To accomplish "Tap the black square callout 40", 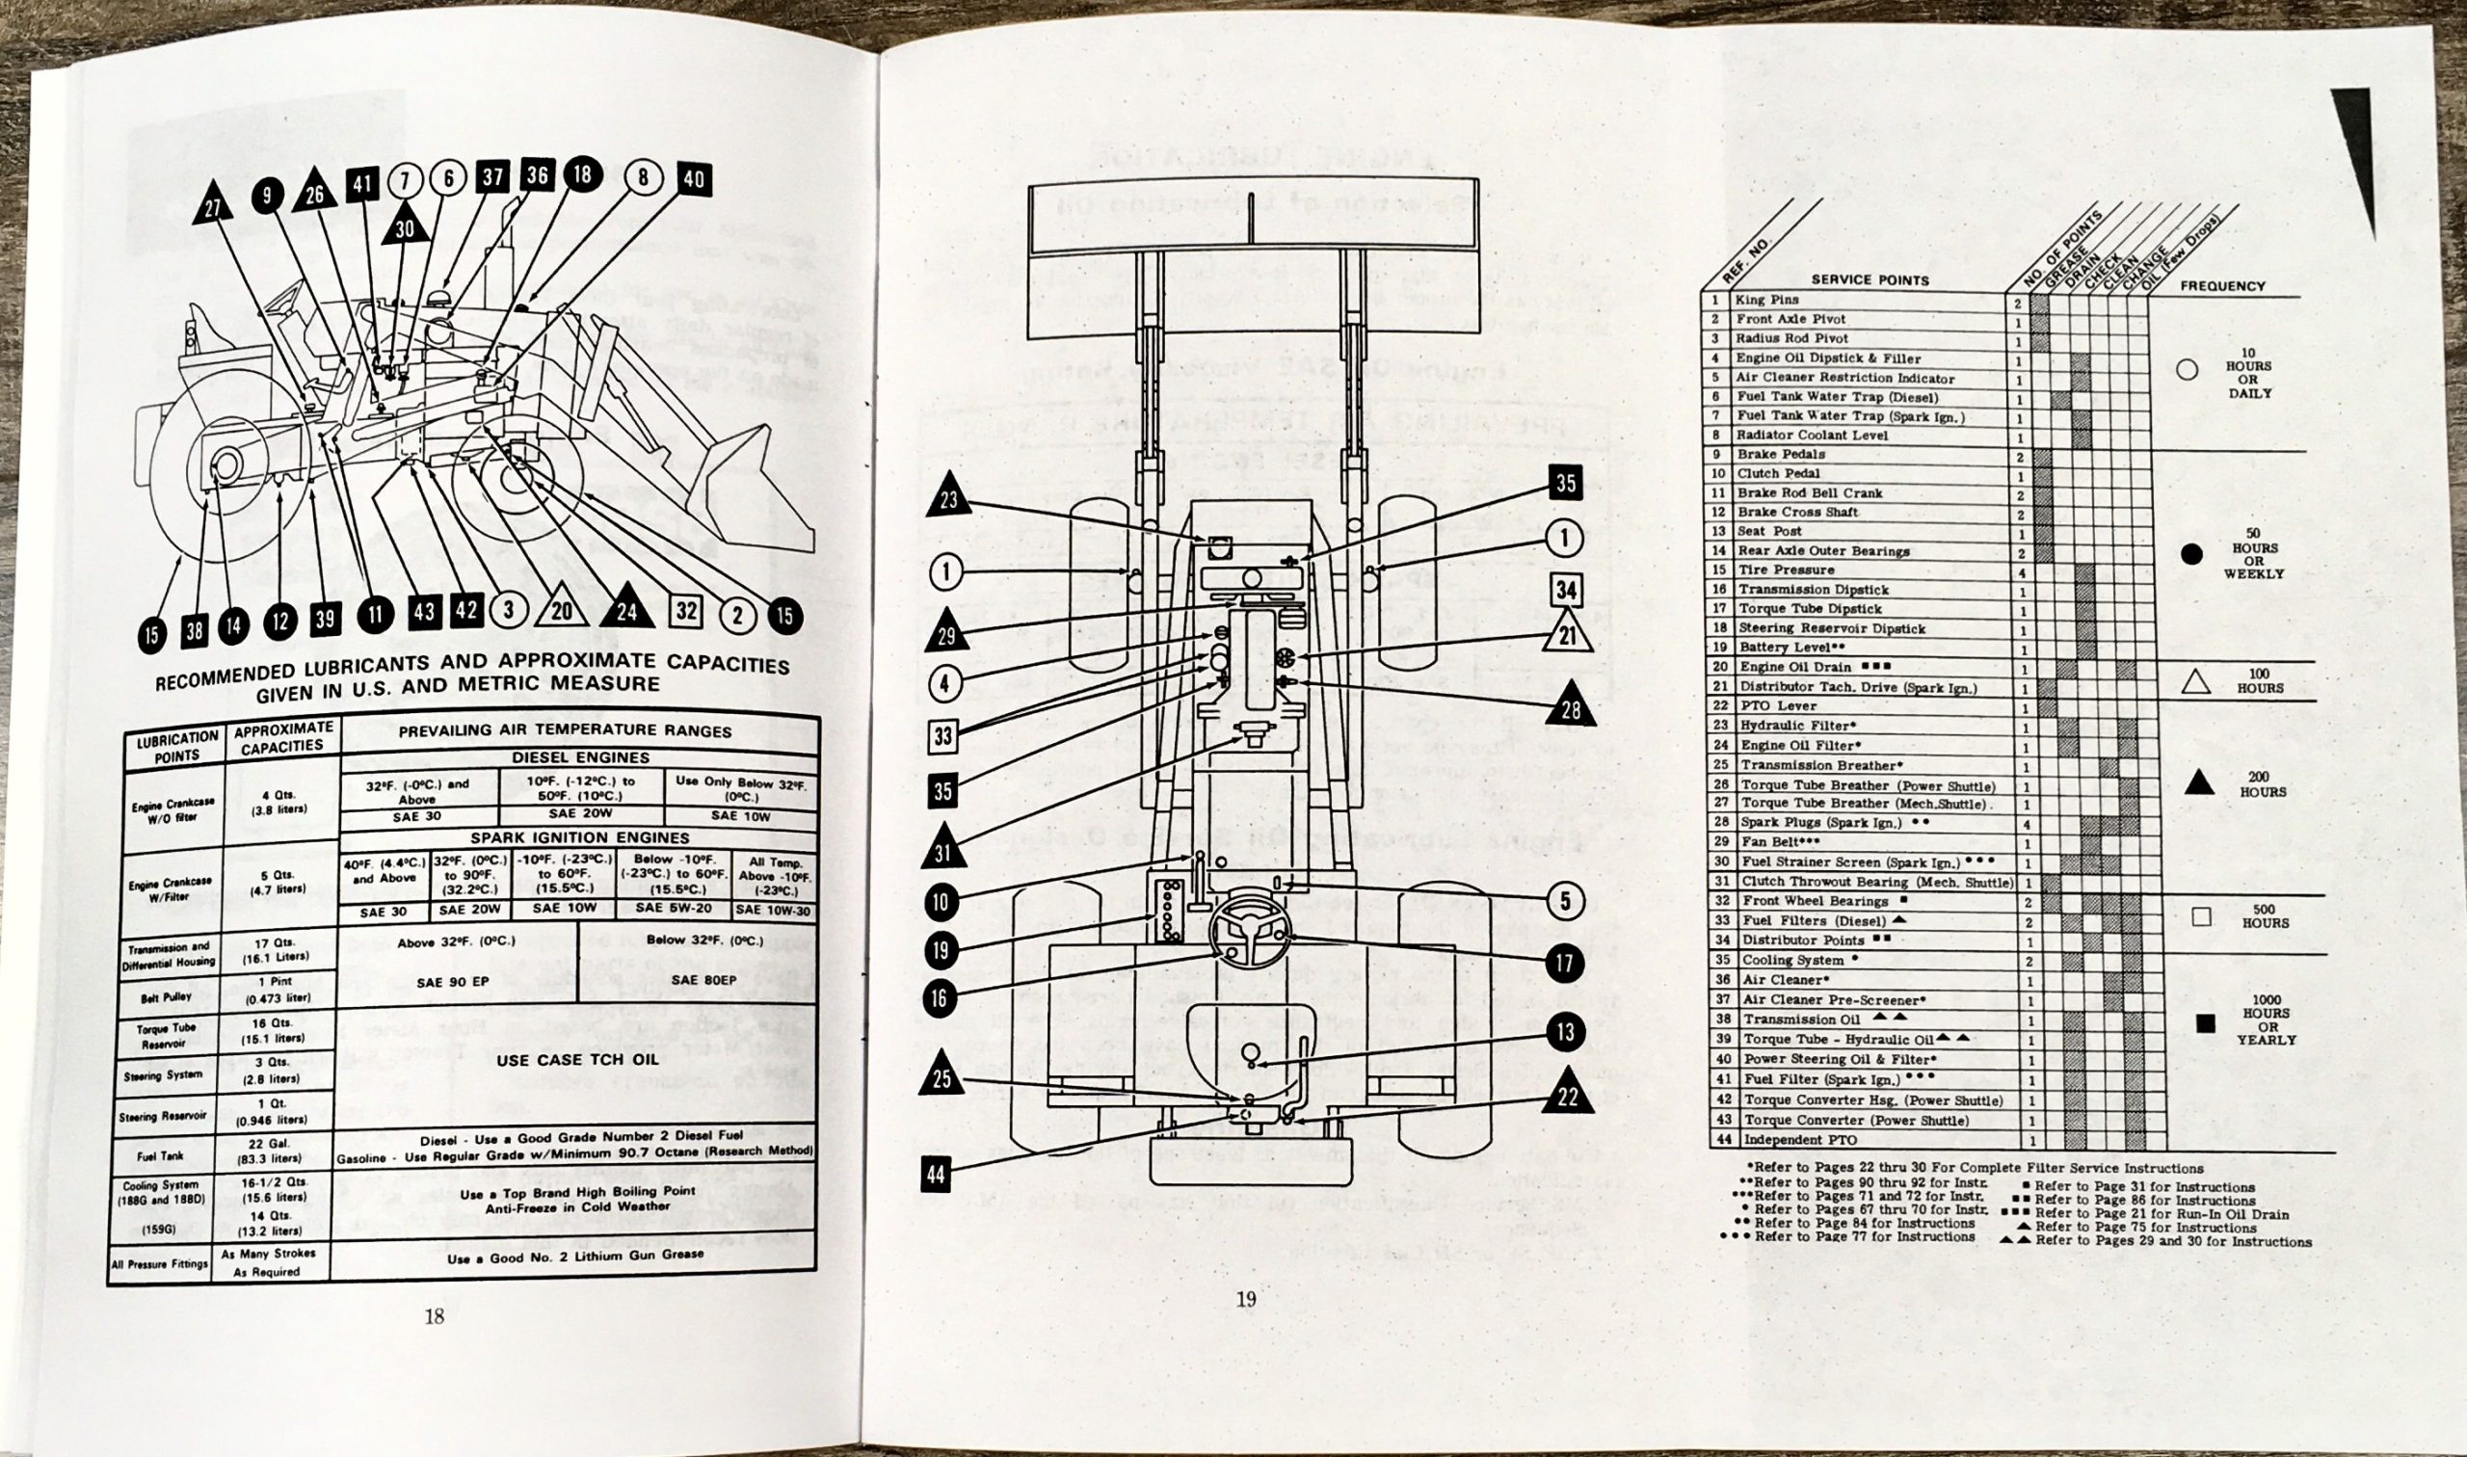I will (x=693, y=179).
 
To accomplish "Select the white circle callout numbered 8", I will (x=643, y=177).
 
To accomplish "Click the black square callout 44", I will (x=937, y=1174).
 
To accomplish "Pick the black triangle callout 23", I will (x=947, y=499).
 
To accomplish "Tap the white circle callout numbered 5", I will (x=1565, y=900).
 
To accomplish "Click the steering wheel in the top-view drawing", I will (x=1248, y=930).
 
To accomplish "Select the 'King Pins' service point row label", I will (x=1767, y=300).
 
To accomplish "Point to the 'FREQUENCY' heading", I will (x=2222, y=285).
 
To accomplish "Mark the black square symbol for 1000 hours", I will (x=2205, y=1024).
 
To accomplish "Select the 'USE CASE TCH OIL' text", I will (x=579, y=1060).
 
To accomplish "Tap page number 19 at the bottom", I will (x=1246, y=1299).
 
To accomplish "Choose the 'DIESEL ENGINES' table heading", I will (x=579, y=758).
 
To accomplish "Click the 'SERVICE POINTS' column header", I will (x=1870, y=279).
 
